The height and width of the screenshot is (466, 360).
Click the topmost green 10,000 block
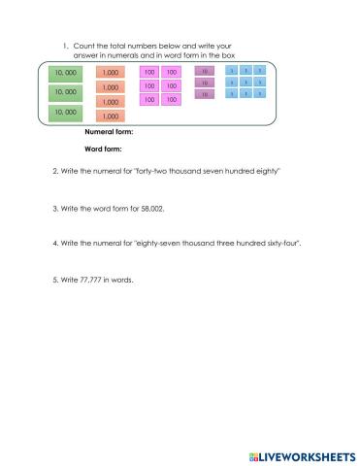pyautogui.click(x=66, y=73)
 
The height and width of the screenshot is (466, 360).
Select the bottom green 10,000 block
pyautogui.click(x=66, y=113)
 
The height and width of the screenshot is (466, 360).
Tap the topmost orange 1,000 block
pyautogui.click(x=111, y=72)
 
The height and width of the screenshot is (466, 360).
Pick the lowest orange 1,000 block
pyautogui.click(x=111, y=116)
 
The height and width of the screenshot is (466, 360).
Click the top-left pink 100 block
pyautogui.click(x=149, y=72)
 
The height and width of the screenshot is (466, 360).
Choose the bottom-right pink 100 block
pyautogui.click(x=171, y=99)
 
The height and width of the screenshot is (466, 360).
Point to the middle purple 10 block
pyautogui.click(x=206, y=83)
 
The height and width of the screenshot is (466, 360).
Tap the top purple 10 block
pyautogui.click(x=206, y=72)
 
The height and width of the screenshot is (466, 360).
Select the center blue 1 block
pyautogui.click(x=246, y=83)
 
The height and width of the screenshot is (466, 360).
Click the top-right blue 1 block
pyautogui.click(x=261, y=71)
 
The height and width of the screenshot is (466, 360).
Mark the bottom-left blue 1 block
pyautogui.click(x=232, y=93)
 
